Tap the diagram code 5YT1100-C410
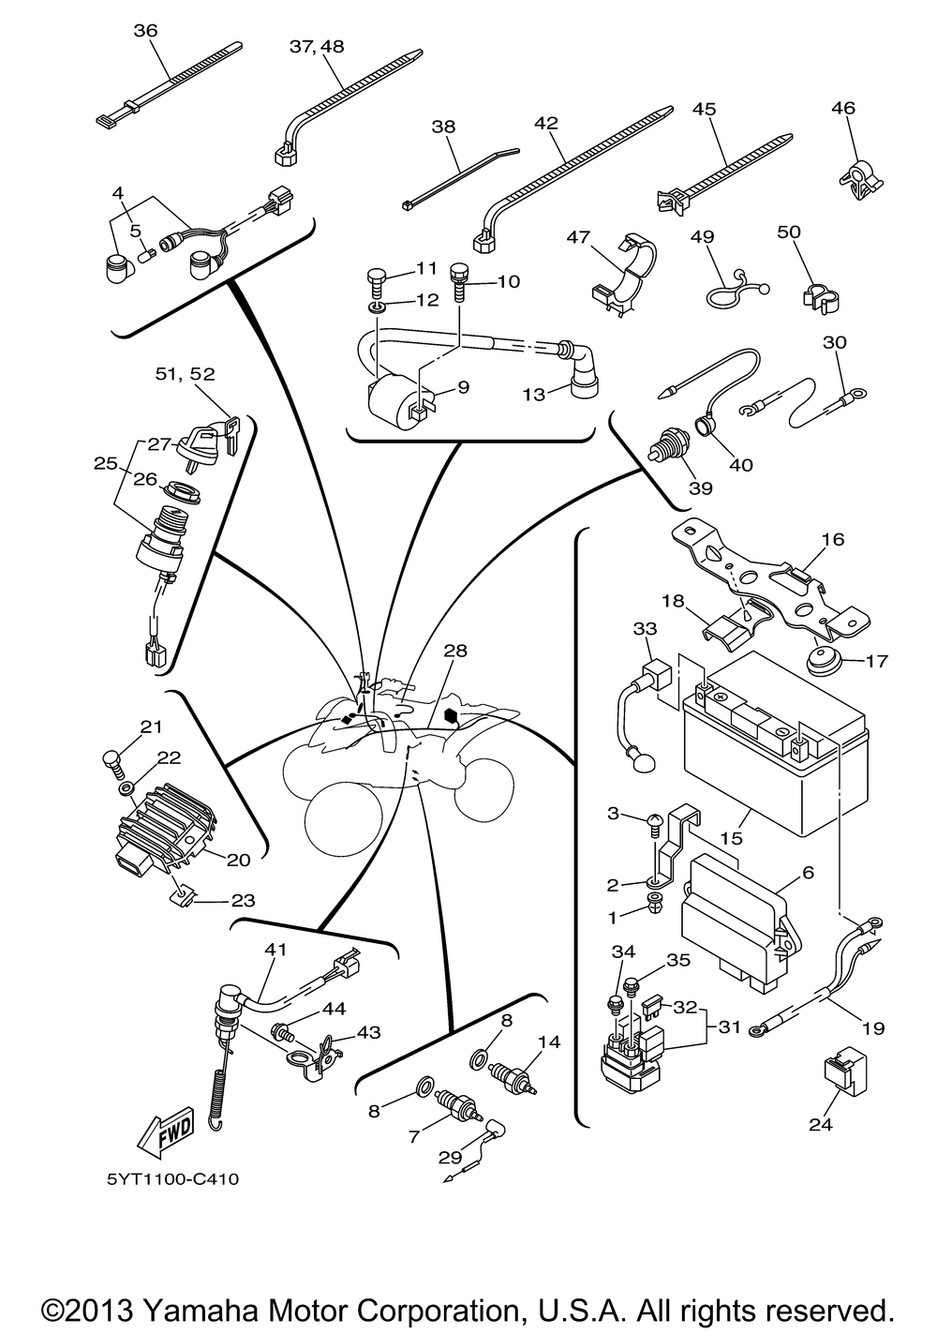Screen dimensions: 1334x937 (172, 1177)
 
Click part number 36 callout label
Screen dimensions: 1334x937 (146, 31)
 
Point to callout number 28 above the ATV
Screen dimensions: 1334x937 (456, 651)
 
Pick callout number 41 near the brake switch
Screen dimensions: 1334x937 (275, 949)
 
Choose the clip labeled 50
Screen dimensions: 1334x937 (820, 294)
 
